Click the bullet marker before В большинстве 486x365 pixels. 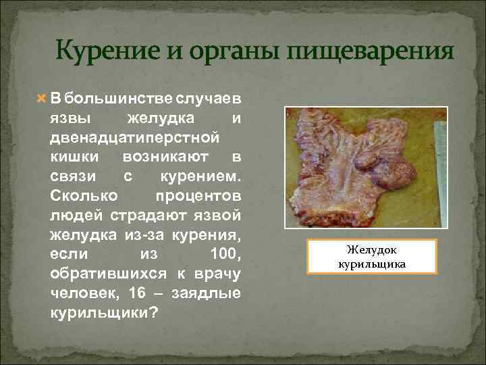pyautogui.click(x=40, y=99)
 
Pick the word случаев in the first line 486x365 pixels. pyautogui.click(x=209, y=99)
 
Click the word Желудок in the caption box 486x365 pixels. pyautogui.click(x=373, y=249)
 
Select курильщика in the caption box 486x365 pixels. pyautogui.click(x=373, y=263)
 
